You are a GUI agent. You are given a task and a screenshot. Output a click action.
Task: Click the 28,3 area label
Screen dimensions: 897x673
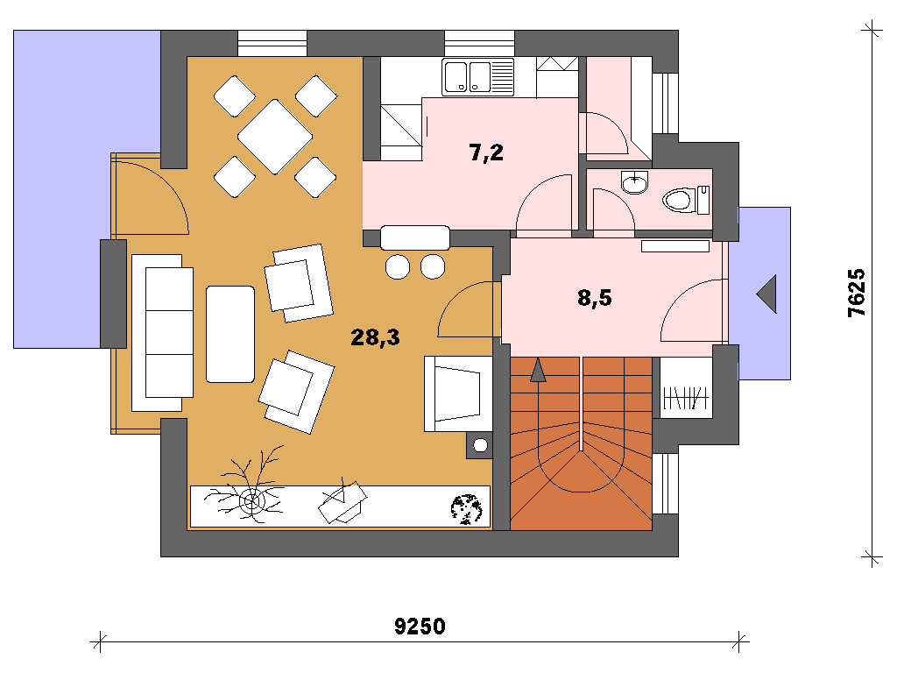click(x=375, y=337)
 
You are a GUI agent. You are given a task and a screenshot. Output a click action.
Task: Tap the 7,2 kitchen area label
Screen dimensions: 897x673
click(x=486, y=152)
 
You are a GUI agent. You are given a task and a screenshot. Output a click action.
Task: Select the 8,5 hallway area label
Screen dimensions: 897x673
click(x=595, y=298)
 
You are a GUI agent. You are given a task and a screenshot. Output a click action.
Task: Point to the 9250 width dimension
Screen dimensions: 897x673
click(x=420, y=626)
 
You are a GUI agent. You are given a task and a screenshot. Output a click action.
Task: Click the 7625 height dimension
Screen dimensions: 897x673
click(x=857, y=293)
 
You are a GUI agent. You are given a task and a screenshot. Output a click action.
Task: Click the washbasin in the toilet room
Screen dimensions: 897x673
click(x=634, y=182)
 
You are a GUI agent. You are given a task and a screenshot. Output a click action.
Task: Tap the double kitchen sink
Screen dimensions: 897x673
click(x=477, y=77)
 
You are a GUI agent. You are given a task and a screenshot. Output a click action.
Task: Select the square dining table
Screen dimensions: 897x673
click(x=275, y=137)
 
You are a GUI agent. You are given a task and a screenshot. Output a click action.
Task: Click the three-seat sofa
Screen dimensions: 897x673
click(x=162, y=333)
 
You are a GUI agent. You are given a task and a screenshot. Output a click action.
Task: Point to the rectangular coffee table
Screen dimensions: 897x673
click(x=230, y=334)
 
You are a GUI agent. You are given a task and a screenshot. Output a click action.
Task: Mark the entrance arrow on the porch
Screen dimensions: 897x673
click(x=766, y=294)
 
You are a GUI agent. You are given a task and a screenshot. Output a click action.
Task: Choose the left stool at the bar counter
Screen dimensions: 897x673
click(x=398, y=266)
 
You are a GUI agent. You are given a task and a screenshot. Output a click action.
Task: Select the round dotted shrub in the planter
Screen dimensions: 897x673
click(x=466, y=509)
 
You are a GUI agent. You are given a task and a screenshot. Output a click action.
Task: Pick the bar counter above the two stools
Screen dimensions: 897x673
click(x=414, y=237)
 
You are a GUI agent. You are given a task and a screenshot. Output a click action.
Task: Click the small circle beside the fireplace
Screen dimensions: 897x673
click(x=481, y=444)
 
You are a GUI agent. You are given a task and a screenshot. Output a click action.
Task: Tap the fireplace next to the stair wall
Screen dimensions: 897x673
click(x=458, y=393)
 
